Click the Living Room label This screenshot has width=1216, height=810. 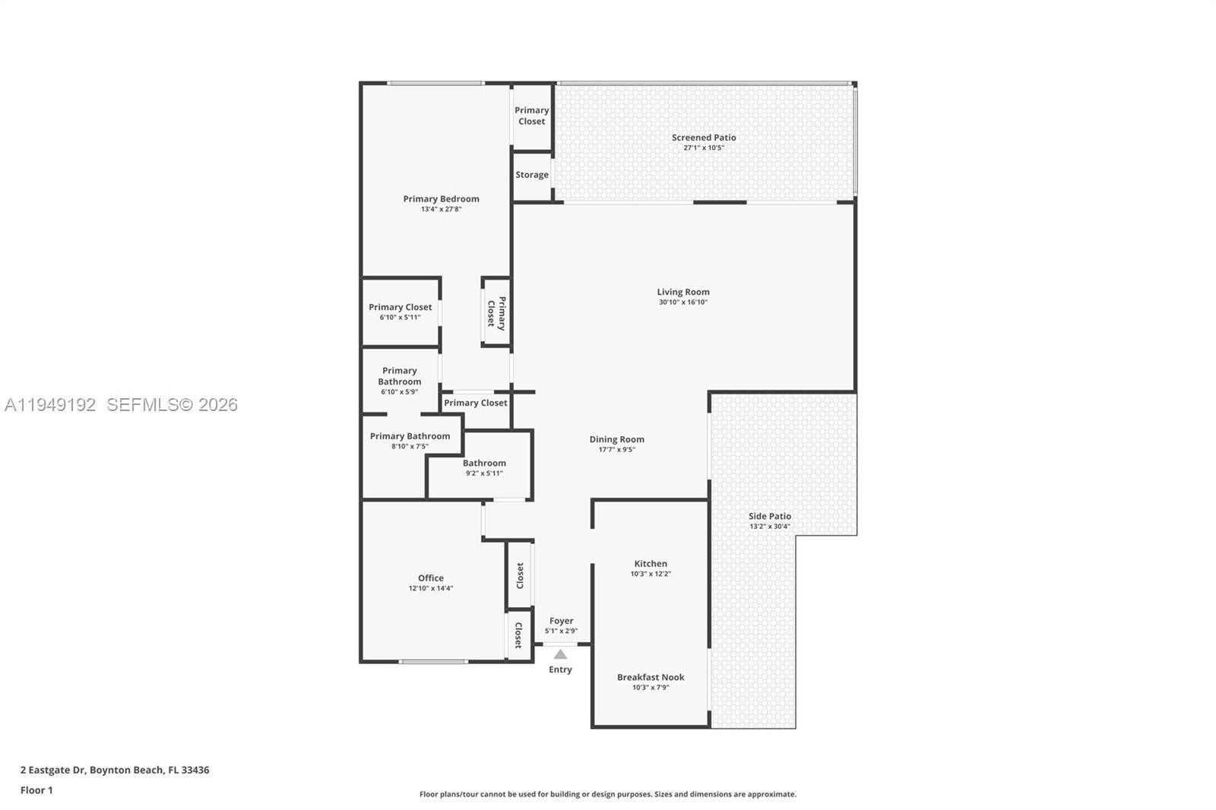coord(683,292)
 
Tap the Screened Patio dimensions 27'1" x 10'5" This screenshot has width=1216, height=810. coord(704,147)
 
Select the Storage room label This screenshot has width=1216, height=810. coord(532,175)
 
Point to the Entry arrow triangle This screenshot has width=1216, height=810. coord(560,654)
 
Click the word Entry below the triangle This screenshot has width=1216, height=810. coord(560,669)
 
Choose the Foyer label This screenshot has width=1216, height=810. coord(562,621)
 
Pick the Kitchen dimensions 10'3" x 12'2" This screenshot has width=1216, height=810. coord(651,574)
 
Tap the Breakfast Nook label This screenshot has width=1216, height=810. coord(651,677)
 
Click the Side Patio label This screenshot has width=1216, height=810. coord(770,516)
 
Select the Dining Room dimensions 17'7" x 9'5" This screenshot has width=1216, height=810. coord(616,450)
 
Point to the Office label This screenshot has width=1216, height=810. coord(430,578)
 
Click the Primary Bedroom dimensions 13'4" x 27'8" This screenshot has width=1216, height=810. coord(441,209)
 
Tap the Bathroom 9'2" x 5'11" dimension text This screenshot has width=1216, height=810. coord(484,473)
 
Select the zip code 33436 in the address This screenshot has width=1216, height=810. coord(195,770)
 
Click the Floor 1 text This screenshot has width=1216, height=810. coord(36,790)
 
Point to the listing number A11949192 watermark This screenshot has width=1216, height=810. coord(50,405)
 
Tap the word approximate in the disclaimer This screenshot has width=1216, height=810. coord(771,794)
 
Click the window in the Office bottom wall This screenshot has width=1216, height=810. coord(433,662)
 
